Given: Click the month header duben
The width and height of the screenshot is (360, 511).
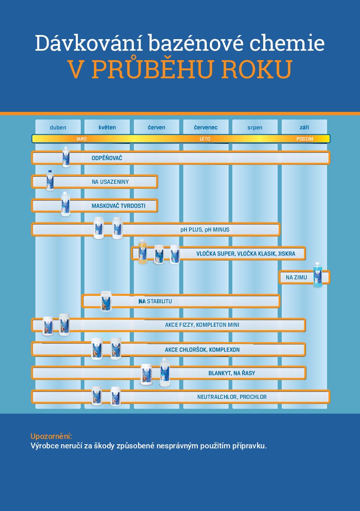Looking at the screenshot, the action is (x=58, y=127).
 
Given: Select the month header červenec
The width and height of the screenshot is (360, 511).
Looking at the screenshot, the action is (x=206, y=127).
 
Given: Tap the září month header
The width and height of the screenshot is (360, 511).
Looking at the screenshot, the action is (x=304, y=127).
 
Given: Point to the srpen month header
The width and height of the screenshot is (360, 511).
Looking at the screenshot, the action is (x=255, y=127).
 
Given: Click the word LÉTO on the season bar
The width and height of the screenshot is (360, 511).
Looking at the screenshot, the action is (x=205, y=139).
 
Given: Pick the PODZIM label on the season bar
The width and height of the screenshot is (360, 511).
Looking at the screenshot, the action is (x=305, y=139).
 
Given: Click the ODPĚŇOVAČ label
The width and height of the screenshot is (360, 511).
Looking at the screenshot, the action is (x=107, y=158).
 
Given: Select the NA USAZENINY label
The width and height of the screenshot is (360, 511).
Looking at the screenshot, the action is (x=110, y=182).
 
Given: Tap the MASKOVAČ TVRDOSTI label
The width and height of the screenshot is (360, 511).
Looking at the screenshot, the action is (x=118, y=206).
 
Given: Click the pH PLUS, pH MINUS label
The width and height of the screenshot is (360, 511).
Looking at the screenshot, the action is (x=205, y=230).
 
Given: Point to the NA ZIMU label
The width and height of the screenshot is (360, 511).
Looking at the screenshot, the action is (x=297, y=277).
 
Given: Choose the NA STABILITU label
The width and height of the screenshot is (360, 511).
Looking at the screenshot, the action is (x=155, y=301).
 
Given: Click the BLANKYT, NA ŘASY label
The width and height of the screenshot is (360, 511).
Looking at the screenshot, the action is (x=231, y=373).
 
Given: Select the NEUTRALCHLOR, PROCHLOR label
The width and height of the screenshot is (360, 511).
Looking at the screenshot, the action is (x=232, y=397).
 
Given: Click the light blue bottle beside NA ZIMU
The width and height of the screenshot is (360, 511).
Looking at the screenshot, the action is (x=318, y=274).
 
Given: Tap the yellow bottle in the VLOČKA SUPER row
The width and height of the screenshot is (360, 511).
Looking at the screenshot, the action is (x=143, y=252).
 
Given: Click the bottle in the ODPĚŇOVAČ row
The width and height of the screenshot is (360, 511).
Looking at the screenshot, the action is (x=66, y=157).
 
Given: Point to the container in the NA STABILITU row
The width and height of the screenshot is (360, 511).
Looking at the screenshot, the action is (x=106, y=301).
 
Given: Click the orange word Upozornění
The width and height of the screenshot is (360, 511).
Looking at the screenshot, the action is (x=51, y=436).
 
